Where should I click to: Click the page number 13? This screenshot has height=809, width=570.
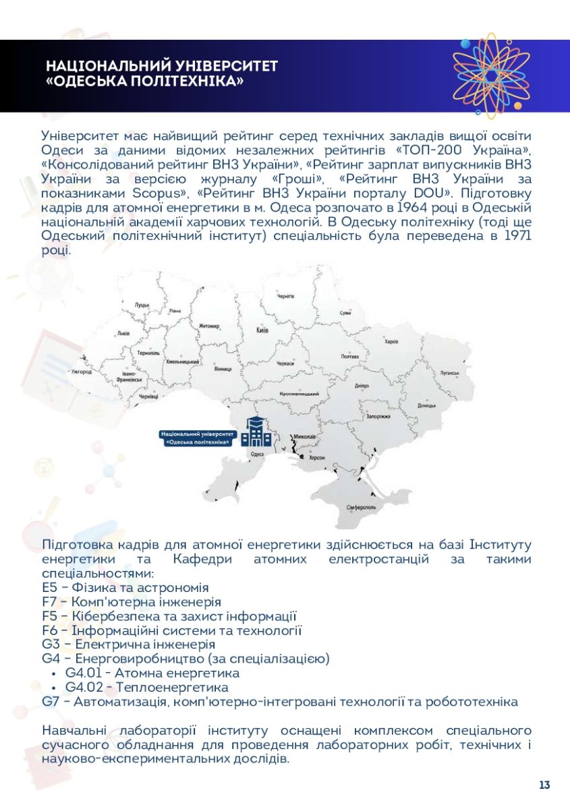[x=544, y=785]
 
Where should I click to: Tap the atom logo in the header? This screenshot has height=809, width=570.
[x=491, y=76]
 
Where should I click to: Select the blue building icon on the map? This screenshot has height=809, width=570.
[x=256, y=432]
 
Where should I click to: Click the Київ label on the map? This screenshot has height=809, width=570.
[x=263, y=330]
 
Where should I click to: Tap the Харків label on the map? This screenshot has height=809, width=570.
[x=391, y=342]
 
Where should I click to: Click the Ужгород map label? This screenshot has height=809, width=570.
[x=81, y=371]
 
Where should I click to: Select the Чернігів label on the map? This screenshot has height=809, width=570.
[x=286, y=296]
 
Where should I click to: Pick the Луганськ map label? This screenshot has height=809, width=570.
[x=449, y=372]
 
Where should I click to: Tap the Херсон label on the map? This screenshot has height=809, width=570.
[x=317, y=458]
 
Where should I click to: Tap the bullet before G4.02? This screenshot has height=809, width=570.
[x=53, y=688]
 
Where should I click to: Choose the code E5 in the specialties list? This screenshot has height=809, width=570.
[x=50, y=588]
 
